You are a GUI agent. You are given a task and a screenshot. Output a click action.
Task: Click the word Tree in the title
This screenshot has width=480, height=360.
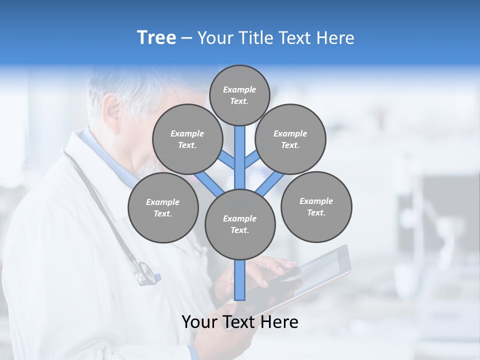pyautogui.click(x=156, y=37)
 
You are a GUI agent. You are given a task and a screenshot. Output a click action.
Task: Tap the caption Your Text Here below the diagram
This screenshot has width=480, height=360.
pyautogui.click(x=239, y=322)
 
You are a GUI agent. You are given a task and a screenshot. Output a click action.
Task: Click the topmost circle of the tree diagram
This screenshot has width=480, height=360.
pyautogui.click(x=239, y=95)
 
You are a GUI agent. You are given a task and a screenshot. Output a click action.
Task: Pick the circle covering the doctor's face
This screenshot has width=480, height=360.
pyautogui.click(x=187, y=139)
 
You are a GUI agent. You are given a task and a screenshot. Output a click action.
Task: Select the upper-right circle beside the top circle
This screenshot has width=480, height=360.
pyautogui.click(x=290, y=139)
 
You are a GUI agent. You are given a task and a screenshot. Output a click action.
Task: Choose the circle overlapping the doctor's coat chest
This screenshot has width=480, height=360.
pyautogui.click(x=163, y=207)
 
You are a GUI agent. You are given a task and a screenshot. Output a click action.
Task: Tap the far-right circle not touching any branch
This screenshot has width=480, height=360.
pyautogui.click(x=316, y=206)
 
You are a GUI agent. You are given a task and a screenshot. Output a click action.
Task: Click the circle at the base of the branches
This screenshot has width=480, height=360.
pyautogui.click(x=239, y=224)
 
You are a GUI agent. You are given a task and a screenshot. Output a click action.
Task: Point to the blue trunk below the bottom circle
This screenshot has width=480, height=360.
pyautogui.click(x=239, y=280)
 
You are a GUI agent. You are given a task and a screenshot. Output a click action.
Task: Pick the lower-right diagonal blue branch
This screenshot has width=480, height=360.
pyautogui.click(x=270, y=183)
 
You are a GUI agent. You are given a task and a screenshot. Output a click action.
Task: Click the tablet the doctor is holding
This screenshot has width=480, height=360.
pyautogui.click(x=320, y=272)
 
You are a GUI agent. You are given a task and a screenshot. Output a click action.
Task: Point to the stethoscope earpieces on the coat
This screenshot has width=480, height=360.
pyautogui.click(x=146, y=272)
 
